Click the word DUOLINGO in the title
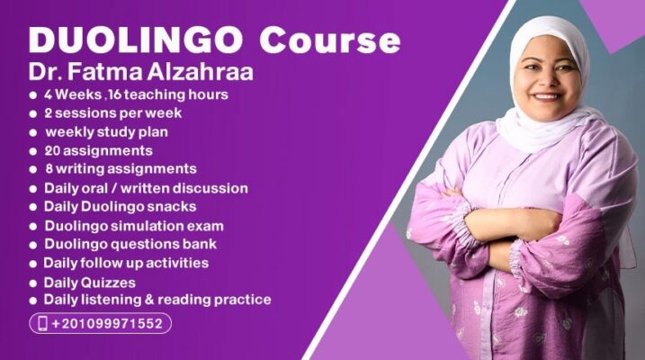pos(136,40)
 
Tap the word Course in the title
pos(330,40)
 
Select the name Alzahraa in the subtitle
pos(200,71)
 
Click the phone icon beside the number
pos(42,323)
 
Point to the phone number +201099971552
pos(107,323)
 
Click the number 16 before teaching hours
pos(115,94)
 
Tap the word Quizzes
pos(109,283)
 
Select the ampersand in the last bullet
pos(149,300)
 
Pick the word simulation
pos(148,226)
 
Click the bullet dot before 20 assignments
pos(33,151)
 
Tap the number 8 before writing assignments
pos(49,168)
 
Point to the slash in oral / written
pos(114,188)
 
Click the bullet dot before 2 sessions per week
pos(33,114)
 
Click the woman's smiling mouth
pos(546,97)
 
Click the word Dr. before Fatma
pos(45,71)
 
